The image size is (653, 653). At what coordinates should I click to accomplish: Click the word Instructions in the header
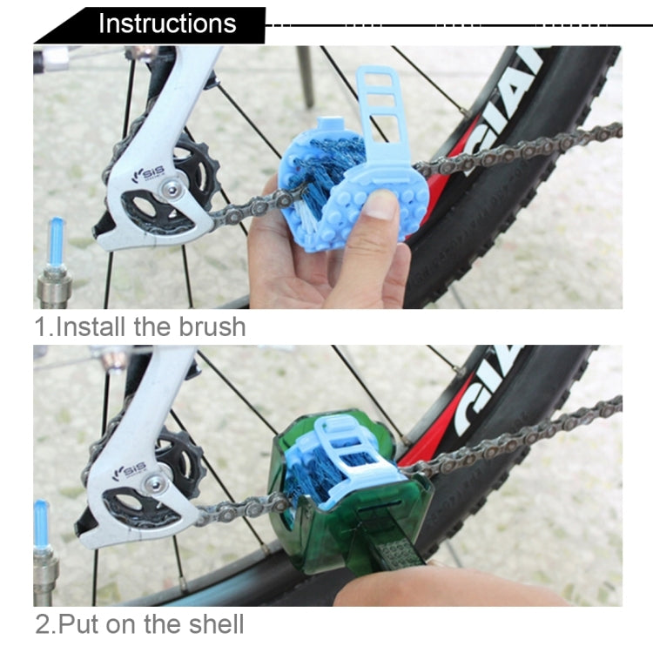pyautogui.click(x=166, y=24)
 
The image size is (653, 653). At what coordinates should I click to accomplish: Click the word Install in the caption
pyautogui.click(x=92, y=327)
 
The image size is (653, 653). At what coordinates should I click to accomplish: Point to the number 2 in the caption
pyautogui.click(x=42, y=623)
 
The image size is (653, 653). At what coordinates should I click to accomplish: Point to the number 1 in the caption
pyautogui.click(x=40, y=327)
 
